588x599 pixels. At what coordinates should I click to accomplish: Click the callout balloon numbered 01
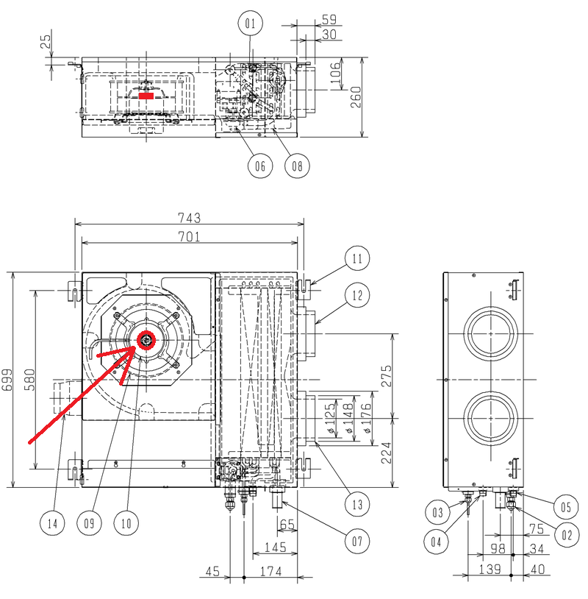(x=251, y=24)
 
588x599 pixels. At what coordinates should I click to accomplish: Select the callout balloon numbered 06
(x=260, y=166)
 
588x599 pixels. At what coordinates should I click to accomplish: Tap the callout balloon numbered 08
(x=297, y=166)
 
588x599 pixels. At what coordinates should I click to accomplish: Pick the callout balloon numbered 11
(x=357, y=258)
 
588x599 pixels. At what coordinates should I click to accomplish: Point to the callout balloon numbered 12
(x=357, y=295)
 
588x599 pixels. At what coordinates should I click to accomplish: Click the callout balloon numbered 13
(x=357, y=504)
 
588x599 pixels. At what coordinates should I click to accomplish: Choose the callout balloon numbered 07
(x=357, y=542)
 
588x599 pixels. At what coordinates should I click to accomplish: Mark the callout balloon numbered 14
(x=53, y=523)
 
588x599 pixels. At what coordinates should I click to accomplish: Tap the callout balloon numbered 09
(x=89, y=523)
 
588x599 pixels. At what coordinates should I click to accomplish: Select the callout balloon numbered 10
(x=126, y=523)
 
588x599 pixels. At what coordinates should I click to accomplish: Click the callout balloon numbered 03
(x=437, y=512)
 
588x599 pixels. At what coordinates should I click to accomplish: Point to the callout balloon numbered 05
(x=566, y=507)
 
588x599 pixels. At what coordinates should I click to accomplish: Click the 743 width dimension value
(x=189, y=218)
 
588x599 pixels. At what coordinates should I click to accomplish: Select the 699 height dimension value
(x=7, y=380)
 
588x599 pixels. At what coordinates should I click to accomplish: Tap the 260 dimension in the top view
(x=356, y=97)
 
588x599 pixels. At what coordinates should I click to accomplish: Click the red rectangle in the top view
(x=146, y=96)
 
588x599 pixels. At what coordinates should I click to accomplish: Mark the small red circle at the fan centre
(x=146, y=340)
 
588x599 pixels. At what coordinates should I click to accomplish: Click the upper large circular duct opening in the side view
(x=491, y=333)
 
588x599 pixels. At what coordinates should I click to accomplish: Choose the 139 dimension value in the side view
(x=490, y=570)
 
